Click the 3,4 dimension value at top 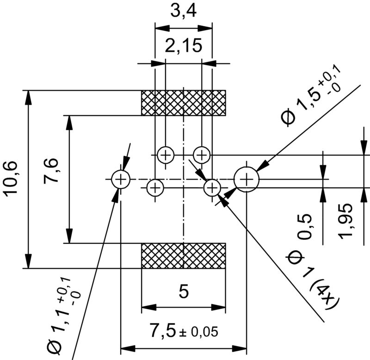click(183, 11)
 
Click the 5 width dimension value click(183, 292)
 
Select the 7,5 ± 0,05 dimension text click(183, 331)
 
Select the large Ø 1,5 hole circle click(247, 179)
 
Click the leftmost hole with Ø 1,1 click(120, 179)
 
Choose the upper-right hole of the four click(202, 154)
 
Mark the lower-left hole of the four click(155, 188)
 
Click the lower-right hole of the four click(212, 187)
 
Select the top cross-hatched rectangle click(183, 103)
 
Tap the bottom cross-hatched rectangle click(183, 255)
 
